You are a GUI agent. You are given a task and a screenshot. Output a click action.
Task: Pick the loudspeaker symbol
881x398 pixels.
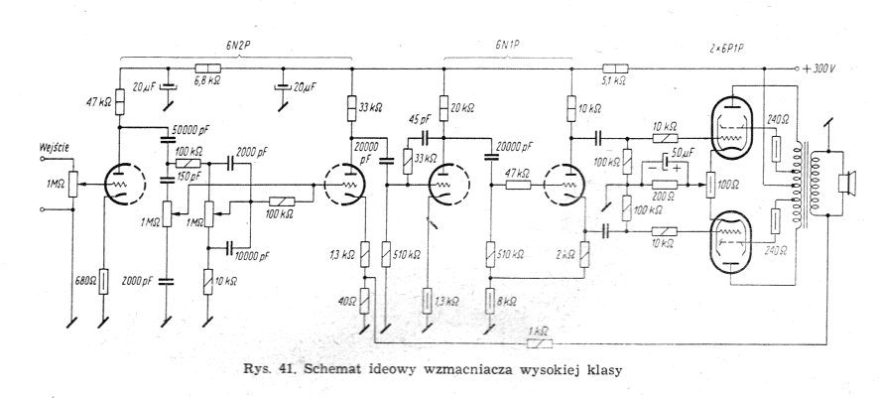click(846, 185)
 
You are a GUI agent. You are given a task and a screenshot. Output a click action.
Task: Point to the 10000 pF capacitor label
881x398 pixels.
click(253, 256)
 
